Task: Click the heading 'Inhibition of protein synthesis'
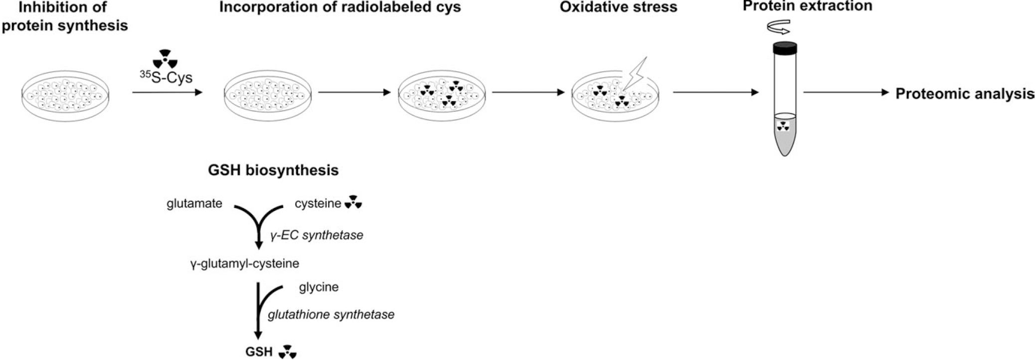[65, 16]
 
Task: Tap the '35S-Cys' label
[166, 78]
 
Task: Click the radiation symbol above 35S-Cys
[165, 58]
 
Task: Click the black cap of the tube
[784, 48]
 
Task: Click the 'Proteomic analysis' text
[965, 94]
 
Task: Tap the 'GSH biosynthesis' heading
[273, 171]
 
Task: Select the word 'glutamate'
[194, 203]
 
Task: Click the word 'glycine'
[319, 287]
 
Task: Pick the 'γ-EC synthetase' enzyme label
[317, 235]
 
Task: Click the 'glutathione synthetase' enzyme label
[331, 315]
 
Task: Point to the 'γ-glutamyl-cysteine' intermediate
[244, 263]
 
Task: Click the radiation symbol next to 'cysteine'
[353, 202]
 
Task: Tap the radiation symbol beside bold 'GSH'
[288, 352]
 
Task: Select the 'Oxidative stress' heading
[618, 7]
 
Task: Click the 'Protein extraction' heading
[808, 6]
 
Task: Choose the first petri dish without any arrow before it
[65, 96]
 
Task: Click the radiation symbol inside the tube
[784, 127]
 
